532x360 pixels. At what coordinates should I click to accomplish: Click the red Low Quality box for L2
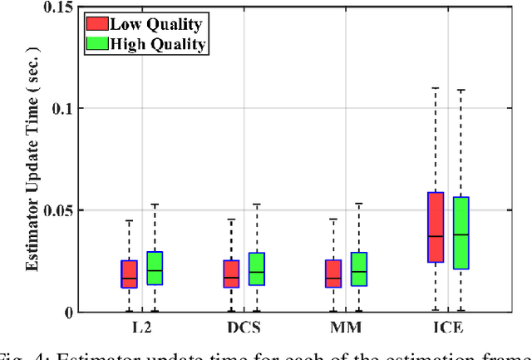pyautogui.click(x=129, y=274)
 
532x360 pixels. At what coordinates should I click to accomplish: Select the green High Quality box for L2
pyautogui.click(x=155, y=268)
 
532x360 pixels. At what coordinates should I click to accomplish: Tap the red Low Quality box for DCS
pyautogui.click(x=231, y=274)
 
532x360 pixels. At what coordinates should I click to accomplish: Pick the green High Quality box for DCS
pyautogui.click(x=257, y=269)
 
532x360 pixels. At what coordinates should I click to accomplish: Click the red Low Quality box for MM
pyautogui.click(x=333, y=274)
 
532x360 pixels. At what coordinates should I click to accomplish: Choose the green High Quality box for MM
pyautogui.click(x=359, y=269)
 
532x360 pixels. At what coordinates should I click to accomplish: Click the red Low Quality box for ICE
pyautogui.click(x=436, y=227)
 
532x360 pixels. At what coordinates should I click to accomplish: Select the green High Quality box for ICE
pyautogui.click(x=461, y=233)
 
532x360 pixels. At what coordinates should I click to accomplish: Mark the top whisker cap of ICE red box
pyautogui.click(x=436, y=87)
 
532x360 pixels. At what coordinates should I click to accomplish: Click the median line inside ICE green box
pyautogui.click(x=461, y=234)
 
